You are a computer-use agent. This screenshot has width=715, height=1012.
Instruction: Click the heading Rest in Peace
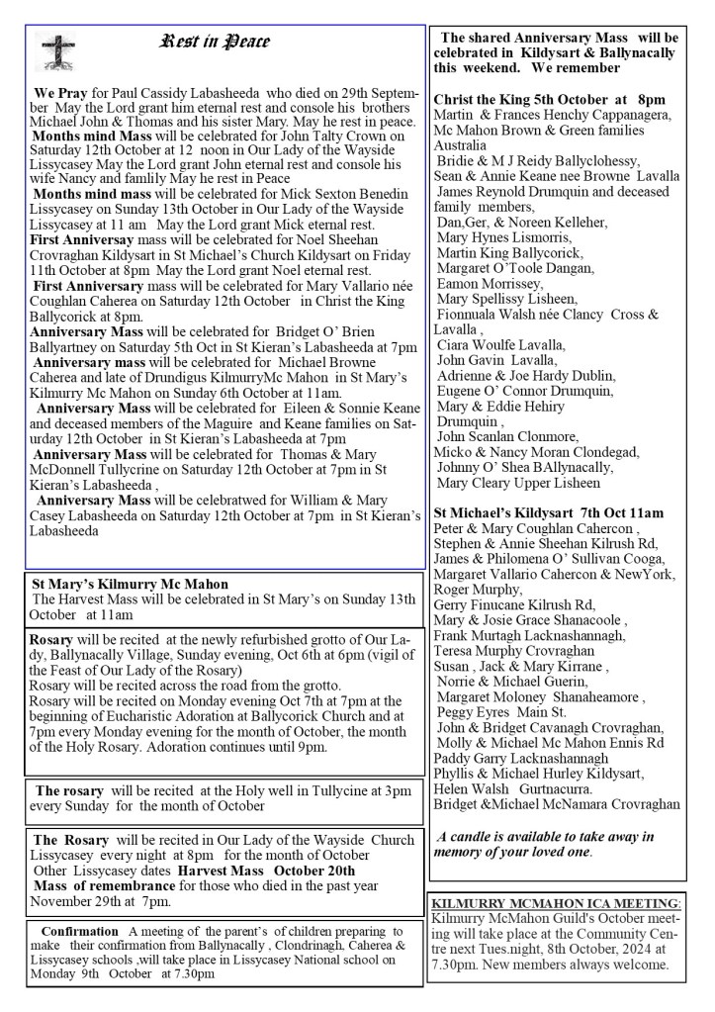click(x=215, y=43)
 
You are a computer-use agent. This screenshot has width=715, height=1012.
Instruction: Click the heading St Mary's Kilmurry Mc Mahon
click(x=131, y=585)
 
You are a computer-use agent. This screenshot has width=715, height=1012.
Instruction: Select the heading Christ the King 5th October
click(x=549, y=100)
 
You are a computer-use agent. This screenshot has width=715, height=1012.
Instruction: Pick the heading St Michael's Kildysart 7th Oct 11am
click(x=549, y=513)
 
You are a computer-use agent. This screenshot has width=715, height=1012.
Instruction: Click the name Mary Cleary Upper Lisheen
click(x=518, y=484)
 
